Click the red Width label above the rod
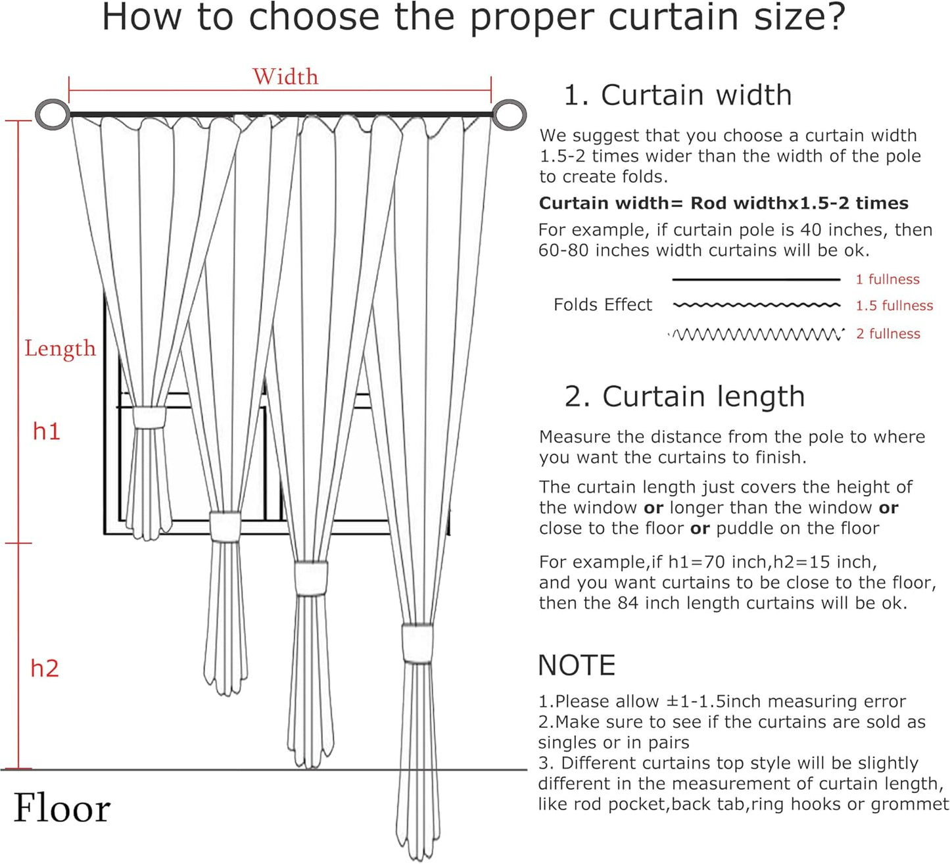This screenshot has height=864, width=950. click(x=285, y=77)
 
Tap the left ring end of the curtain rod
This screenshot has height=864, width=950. click(x=52, y=114)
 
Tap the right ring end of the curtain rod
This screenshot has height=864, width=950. click(x=509, y=114)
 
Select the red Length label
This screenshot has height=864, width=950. click(x=60, y=348)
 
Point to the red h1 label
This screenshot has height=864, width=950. click(x=47, y=431)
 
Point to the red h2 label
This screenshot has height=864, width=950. click(x=45, y=669)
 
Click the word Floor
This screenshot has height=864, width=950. click(x=62, y=808)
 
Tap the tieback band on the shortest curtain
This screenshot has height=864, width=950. click(x=149, y=418)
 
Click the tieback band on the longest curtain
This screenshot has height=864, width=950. click(x=417, y=643)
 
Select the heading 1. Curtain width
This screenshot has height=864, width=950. click(x=677, y=95)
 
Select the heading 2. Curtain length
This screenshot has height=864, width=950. click(x=684, y=396)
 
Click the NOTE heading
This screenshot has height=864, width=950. click(x=577, y=665)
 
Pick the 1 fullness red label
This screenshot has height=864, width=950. click(x=887, y=279)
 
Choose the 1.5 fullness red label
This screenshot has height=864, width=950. click(x=893, y=306)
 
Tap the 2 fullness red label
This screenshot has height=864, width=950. click(x=888, y=334)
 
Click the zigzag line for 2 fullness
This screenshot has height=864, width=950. click(x=756, y=335)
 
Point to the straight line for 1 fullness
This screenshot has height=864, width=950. click(x=756, y=280)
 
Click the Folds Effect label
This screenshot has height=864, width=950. click(x=602, y=305)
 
